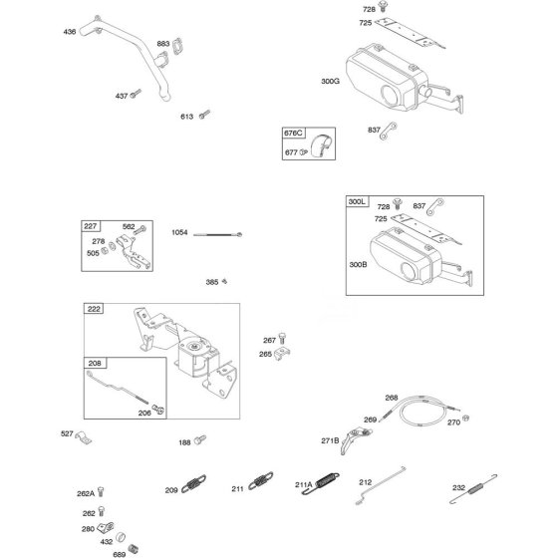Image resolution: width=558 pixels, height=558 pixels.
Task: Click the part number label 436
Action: tap(70, 32)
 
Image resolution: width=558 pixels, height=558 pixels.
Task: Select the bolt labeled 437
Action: tap(136, 94)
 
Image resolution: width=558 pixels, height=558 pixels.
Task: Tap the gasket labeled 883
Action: tap(177, 46)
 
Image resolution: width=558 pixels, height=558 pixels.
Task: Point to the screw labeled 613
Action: tap(204, 114)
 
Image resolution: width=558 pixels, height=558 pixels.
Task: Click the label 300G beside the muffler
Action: tap(330, 81)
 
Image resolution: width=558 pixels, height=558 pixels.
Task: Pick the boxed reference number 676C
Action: tap(293, 134)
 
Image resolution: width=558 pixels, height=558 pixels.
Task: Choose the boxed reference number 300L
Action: tap(357, 201)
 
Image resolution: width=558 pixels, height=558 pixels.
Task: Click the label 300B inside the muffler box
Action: tap(358, 264)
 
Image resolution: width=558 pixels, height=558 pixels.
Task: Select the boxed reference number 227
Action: tap(91, 226)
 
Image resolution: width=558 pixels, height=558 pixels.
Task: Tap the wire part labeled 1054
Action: tap(218, 234)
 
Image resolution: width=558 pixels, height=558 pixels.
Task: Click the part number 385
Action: tap(211, 282)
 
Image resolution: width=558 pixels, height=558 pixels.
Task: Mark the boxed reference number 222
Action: tap(94, 309)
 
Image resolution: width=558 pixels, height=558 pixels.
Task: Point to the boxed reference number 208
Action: tap(95, 363)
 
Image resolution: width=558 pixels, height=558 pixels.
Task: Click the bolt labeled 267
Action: tap(282, 338)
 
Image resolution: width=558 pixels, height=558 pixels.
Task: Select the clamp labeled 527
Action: tap(84, 437)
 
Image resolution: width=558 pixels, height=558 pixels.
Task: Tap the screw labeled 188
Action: tap(200, 439)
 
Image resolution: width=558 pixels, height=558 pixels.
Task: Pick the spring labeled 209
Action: tap(193, 484)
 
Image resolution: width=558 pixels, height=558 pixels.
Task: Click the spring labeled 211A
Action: tap(321, 483)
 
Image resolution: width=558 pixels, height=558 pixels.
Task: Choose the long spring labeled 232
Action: tap(473, 489)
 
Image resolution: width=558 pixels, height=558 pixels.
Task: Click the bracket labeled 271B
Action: tap(354, 439)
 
